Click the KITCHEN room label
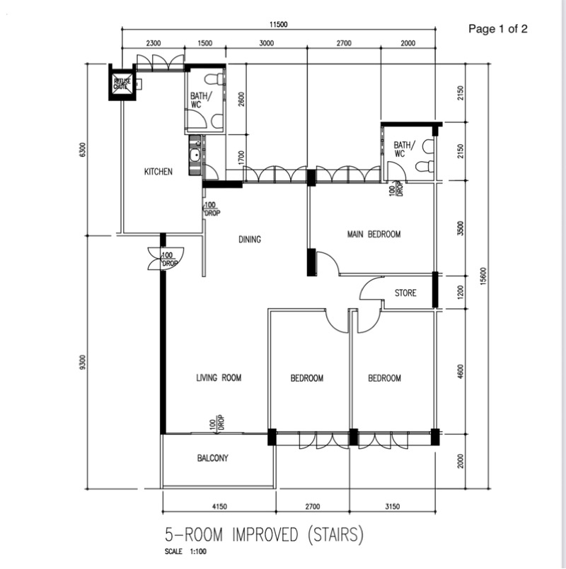[x=158, y=172]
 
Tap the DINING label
[x=250, y=240]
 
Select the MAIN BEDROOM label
[x=374, y=234]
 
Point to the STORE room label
[x=405, y=293]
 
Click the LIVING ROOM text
[x=219, y=377]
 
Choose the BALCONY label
[x=212, y=458]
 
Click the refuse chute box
[x=122, y=83]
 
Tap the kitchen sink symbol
[x=195, y=156]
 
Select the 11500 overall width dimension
[x=278, y=24]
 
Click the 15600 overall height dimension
[x=483, y=276]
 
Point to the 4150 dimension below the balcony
[x=219, y=506]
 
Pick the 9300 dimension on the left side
[x=83, y=362]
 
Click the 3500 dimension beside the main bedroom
[x=461, y=228]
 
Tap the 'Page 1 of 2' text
[x=497, y=29]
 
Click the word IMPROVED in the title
[x=265, y=534]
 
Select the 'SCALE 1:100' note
[x=185, y=551]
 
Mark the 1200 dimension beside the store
[x=461, y=293]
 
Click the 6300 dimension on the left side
[x=83, y=150]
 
